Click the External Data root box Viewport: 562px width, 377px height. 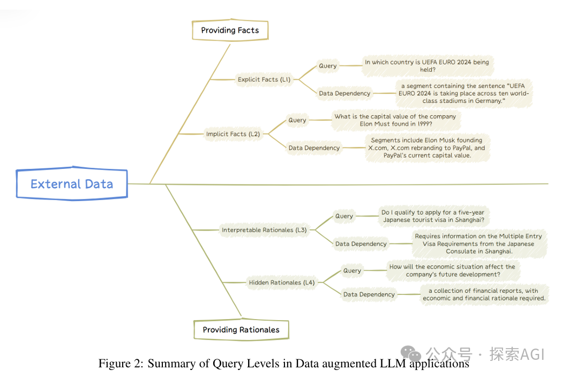[72, 184]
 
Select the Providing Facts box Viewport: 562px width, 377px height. [230, 31]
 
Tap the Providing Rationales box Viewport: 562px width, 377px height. [241, 330]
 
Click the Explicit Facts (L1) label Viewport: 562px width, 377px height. [264, 79]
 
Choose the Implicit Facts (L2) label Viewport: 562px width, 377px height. [233, 134]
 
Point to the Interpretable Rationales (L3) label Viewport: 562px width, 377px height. [264, 230]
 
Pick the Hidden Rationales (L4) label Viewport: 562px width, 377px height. [281, 282]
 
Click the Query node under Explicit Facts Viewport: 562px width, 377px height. [328, 66]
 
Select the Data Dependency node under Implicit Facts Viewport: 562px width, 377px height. [314, 147]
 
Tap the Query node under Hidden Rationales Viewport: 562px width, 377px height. [352, 271]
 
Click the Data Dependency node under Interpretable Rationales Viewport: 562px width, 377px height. [361, 244]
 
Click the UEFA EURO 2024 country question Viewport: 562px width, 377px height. [426, 66]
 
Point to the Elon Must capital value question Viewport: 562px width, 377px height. [395, 120]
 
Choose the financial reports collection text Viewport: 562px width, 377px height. [484, 294]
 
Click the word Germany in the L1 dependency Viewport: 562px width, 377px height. [487, 101]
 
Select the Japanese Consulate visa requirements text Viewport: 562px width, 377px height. [478, 243]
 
